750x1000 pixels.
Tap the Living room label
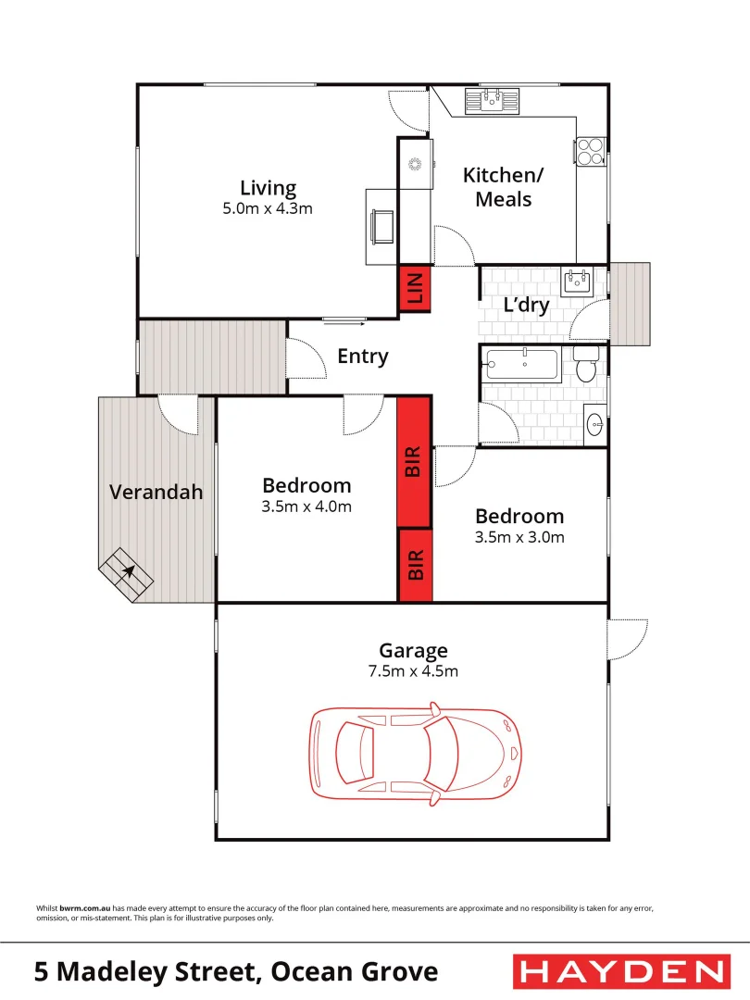[268, 188]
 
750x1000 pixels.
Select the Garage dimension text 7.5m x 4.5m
[412, 671]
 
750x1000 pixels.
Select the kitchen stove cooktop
[591, 152]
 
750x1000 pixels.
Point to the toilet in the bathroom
[585, 367]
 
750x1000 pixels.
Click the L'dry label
[526, 305]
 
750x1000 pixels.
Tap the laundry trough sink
[577, 281]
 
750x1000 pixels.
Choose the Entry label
[362, 356]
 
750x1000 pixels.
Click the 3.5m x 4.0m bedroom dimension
[306, 506]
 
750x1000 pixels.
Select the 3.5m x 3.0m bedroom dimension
[519, 537]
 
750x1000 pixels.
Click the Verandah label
[156, 492]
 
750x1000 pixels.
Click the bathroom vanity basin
[594, 425]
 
